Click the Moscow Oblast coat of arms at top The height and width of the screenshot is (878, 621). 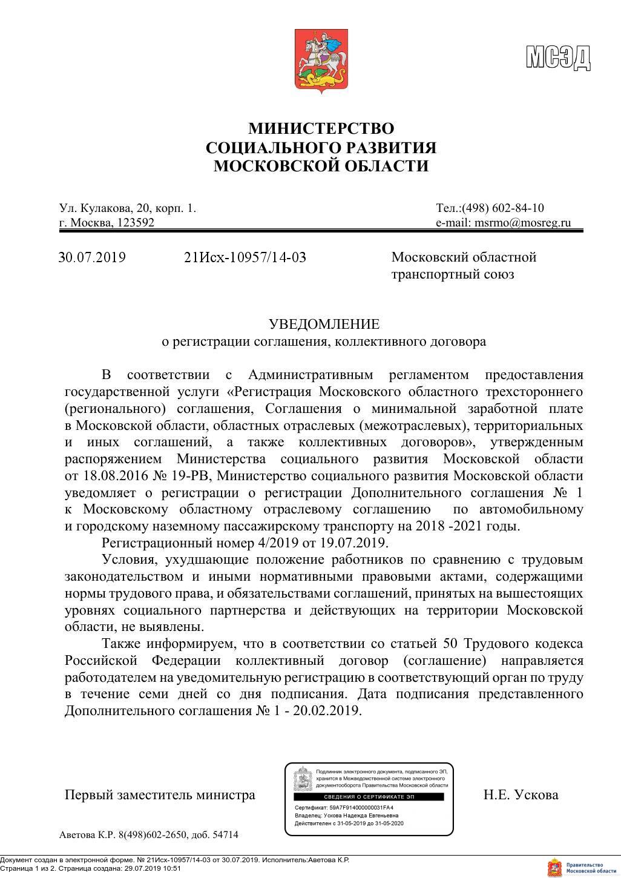[x=320, y=60]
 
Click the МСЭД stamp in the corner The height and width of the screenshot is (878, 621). [x=557, y=58]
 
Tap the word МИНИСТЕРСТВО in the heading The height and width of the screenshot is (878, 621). [x=321, y=128]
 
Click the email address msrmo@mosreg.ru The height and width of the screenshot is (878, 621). [x=522, y=222]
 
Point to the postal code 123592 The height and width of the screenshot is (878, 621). [x=136, y=222]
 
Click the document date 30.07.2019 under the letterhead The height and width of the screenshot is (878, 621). [x=92, y=257]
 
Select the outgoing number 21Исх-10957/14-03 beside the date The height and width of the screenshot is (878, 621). [x=245, y=257]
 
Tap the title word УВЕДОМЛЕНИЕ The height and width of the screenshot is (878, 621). [x=324, y=324]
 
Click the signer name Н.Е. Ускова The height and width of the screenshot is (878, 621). [x=521, y=794]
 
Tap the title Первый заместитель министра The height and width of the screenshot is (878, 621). [x=160, y=794]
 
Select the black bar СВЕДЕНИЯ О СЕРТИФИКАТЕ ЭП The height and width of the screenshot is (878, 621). [x=369, y=797]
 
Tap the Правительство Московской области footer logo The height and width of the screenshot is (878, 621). [x=582, y=866]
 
